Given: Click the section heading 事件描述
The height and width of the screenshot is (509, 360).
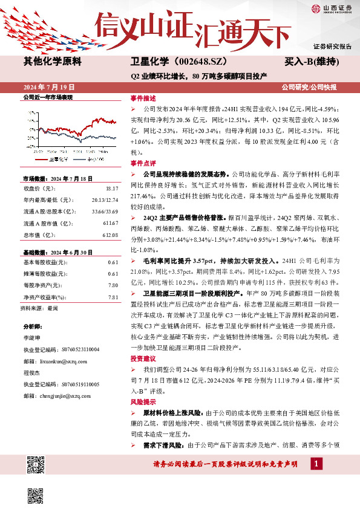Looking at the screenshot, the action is (x=143, y=97).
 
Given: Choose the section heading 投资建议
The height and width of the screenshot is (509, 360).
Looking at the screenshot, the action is (x=143, y=358).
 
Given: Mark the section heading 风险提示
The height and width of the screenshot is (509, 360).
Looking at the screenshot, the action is (x=143, y=402).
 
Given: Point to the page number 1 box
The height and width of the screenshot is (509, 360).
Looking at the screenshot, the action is (x=316, y=464).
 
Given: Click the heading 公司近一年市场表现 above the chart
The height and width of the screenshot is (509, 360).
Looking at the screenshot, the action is (x=47, y=97).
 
